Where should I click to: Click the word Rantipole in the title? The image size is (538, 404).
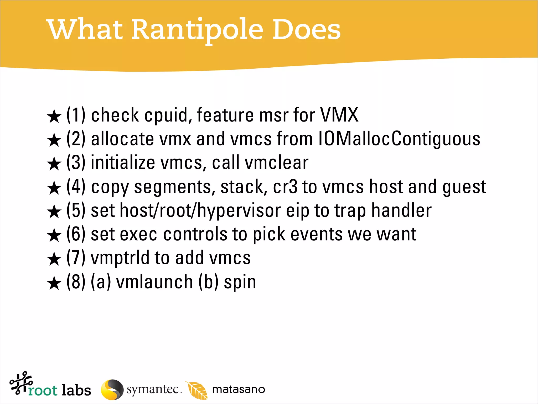197,29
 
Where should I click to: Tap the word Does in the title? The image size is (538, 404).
306,29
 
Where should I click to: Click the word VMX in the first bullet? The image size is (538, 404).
339,115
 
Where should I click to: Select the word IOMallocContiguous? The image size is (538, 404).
399,139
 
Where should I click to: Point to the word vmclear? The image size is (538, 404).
276,163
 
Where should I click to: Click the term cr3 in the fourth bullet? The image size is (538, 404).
285,187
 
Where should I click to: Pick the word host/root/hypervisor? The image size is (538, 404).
200,211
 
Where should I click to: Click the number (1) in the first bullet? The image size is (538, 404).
76,115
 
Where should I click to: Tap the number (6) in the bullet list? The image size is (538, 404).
76,234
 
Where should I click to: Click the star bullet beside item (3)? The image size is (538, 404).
54,164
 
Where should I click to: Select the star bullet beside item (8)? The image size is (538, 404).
54,283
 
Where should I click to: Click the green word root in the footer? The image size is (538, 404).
43,391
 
